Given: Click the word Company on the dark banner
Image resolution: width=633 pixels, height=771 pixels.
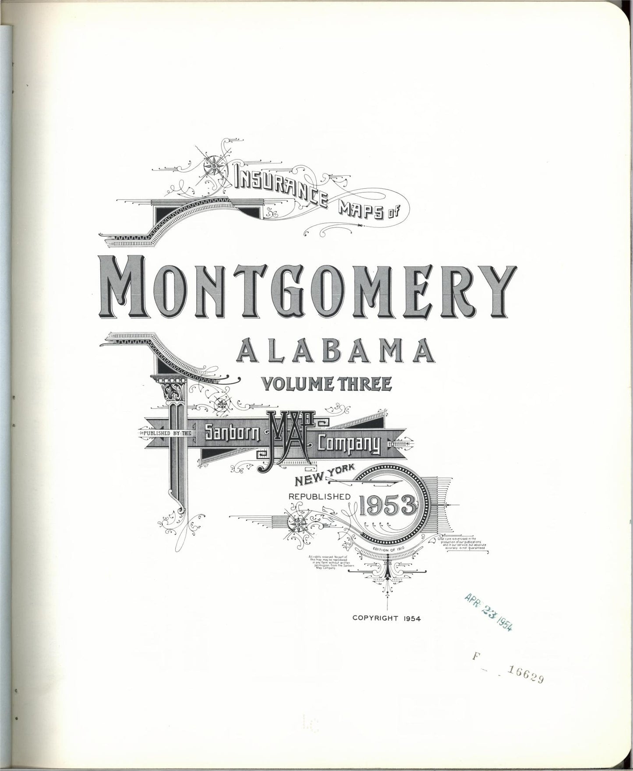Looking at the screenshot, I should click(348, 444).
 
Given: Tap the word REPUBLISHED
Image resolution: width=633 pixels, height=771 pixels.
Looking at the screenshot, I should click(319, 497).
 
